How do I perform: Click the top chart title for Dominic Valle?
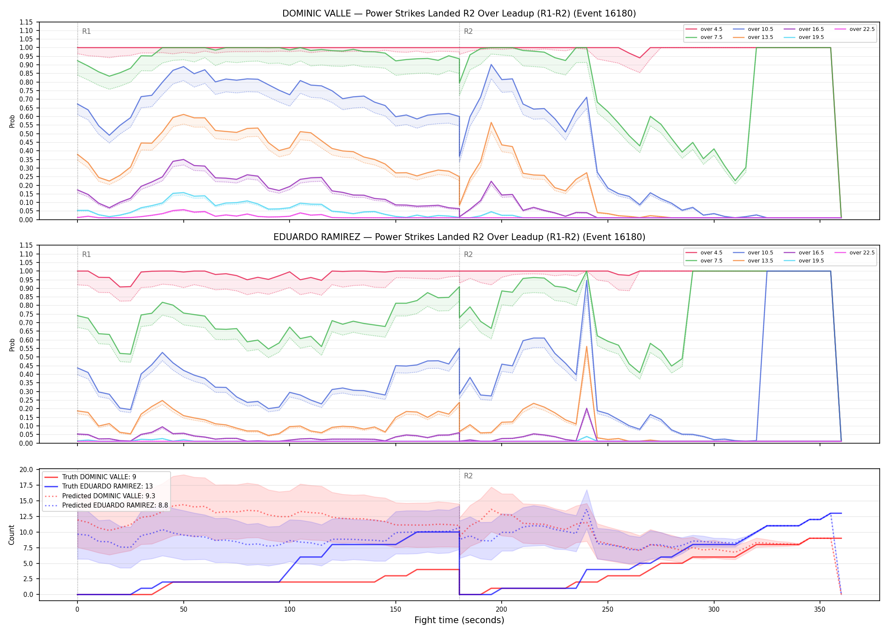point(459,14)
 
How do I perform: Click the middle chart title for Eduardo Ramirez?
point(459,237)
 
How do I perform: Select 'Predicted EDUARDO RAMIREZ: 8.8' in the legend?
point(106,505)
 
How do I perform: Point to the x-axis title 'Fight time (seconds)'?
point(459,620)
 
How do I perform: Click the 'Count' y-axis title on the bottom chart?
point(11,535)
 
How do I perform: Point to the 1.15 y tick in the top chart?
point(26,22)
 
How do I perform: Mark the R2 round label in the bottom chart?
point(468,476)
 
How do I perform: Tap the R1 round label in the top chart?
point(86,31)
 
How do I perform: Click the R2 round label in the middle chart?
point(468,254)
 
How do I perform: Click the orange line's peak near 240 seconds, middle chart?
point(586,346)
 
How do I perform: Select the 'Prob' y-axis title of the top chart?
point(12,121)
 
